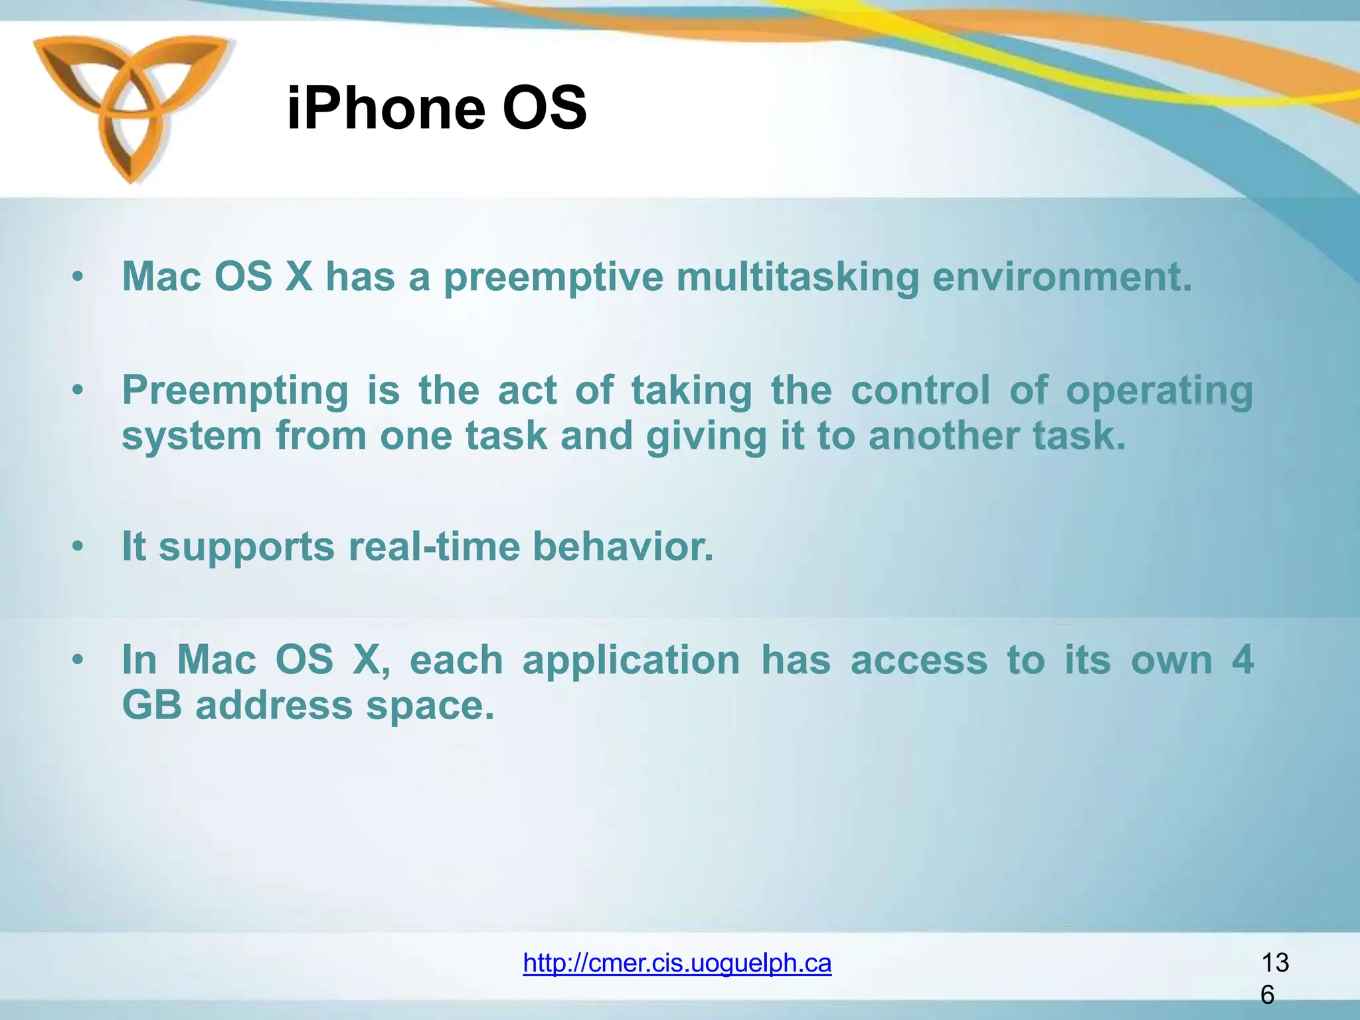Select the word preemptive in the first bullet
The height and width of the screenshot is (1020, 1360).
point(553,278)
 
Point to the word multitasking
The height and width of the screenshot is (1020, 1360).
point(797,278)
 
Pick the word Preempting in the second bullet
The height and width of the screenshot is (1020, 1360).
point(235,390)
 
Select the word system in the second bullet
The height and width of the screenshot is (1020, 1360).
point(192,437)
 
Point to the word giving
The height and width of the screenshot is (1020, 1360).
point(706,437)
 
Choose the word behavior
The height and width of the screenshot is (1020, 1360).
point(623,547)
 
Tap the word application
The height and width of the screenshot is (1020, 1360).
point(631,661)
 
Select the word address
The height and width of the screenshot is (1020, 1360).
point(274,705)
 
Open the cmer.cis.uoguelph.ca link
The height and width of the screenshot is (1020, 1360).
point(677,963)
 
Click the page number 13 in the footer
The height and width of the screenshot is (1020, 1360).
point(1274,963)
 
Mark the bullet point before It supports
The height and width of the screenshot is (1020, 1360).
point(78,547)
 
